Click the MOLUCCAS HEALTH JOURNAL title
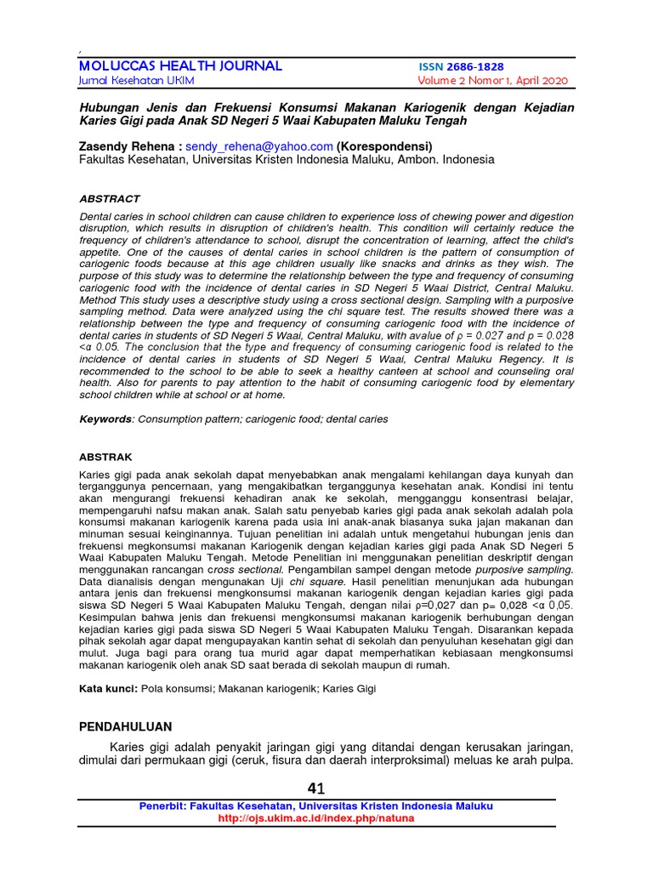pyautogui.click(x=180, y=66)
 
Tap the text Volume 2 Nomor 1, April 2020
pyautogui.click(x=492, y=81)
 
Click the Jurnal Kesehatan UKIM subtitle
pyautogui.click(x=136, y=81)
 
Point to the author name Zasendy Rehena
pyautogui.click(x=128, y=146)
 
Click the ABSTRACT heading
pyautogui.click(x=109, y=199)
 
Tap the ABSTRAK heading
pyautogui.click(x=105, y=457)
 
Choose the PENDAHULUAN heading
pyautogui.click(x=125, y=726)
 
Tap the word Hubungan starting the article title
pyautogui.click(x=111, y=108)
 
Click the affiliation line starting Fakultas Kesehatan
pyautogui.click(x=286, y=159)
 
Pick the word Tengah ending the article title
pyautogui.click(x=445, y=121)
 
